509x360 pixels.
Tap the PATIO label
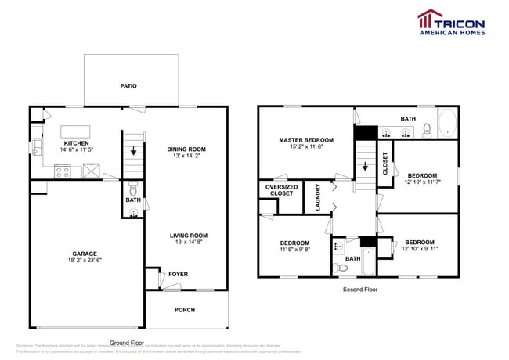(x=130, y=86)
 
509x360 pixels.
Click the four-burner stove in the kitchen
(x=62, y=171)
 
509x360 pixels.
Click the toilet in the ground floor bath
(x=132, y=189)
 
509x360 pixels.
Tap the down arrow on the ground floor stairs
(x=133, y=153)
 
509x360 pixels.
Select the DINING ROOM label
(x=186, y=149)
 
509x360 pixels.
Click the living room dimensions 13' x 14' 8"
(x=188, y=243)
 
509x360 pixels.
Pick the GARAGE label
(x=85, y=254)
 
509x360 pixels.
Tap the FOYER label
(x=178, y=274)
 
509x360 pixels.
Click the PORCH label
(x=184, y=310)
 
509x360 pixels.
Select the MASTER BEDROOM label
(x=305, y=140)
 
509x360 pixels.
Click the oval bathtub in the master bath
(x=446, y=124)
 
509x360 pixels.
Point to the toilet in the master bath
(x=428, y=128)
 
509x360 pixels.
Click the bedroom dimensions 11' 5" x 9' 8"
(x=294, y=250)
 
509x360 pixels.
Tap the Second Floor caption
(x=360, y=290)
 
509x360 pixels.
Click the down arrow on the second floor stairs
(x=364, y=167)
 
